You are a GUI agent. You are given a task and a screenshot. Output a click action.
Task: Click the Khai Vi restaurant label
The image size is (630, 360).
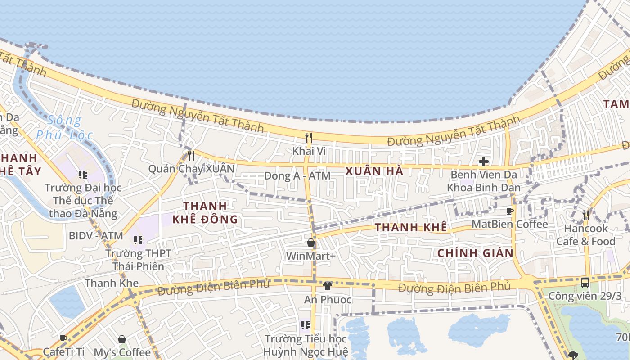point(309,151)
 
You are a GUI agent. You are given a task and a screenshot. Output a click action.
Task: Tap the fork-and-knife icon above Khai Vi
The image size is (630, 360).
point(309,137)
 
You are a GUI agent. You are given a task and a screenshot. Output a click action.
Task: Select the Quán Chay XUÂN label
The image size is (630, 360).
point(191,169)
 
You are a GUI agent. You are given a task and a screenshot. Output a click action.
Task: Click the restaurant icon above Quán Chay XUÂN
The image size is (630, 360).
point(191,156)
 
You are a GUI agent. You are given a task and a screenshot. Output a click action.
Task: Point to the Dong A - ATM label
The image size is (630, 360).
point(297,175)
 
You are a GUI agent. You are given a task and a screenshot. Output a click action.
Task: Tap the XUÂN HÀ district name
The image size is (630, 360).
point(374,171)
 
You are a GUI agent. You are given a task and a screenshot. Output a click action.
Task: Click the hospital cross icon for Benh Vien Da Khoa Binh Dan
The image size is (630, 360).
point(484,162)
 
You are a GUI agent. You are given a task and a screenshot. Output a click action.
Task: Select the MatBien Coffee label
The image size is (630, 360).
point(510,224)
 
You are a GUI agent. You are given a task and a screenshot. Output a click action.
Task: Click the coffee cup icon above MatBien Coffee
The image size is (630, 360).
point(510,211)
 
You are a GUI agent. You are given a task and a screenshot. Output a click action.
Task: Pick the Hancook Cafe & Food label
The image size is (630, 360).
point(586,235)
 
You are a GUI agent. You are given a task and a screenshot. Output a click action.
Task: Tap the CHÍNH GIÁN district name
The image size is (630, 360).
point(476,253)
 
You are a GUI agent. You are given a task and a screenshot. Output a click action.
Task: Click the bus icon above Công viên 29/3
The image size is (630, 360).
point(585,283)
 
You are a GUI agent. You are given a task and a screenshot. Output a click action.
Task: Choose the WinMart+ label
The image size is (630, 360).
point(311,256)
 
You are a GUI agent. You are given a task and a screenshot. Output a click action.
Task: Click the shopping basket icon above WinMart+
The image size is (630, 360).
point(311,243)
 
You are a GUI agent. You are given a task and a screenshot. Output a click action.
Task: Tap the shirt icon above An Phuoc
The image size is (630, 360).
point(328,286)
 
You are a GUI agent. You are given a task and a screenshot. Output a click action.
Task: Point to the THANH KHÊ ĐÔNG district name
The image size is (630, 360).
point(205,212)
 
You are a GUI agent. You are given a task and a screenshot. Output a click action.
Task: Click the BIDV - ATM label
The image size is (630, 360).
point(96,235)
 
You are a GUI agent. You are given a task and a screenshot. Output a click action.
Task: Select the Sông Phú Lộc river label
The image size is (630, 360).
point(65,127)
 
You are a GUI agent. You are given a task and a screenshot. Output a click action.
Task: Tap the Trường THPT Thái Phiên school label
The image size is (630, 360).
point(138,260)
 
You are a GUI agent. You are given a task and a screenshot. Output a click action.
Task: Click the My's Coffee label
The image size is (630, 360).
point(122,352)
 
